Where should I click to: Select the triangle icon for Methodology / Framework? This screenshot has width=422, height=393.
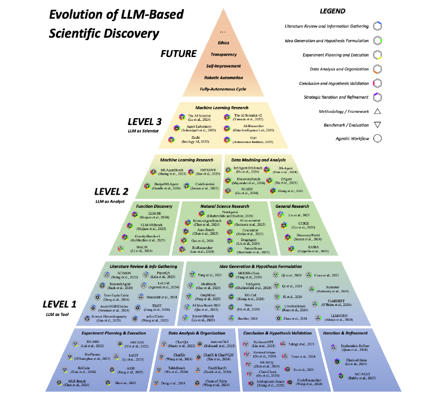378,111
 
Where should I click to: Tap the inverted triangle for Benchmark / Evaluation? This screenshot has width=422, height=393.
378,125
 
